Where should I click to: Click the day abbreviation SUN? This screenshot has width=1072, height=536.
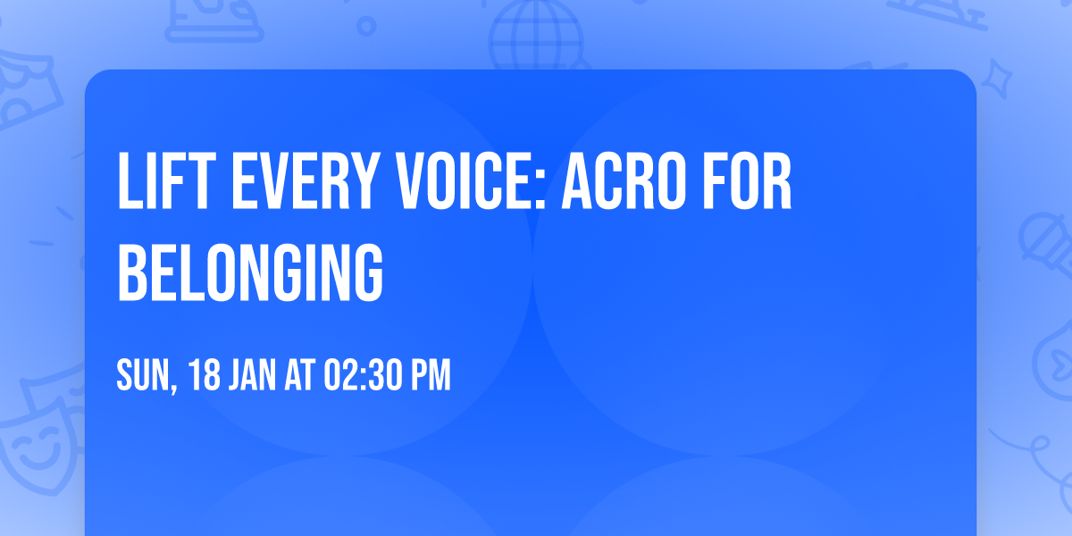coord(141,376)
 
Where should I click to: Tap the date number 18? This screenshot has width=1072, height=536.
coord(204,376)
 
